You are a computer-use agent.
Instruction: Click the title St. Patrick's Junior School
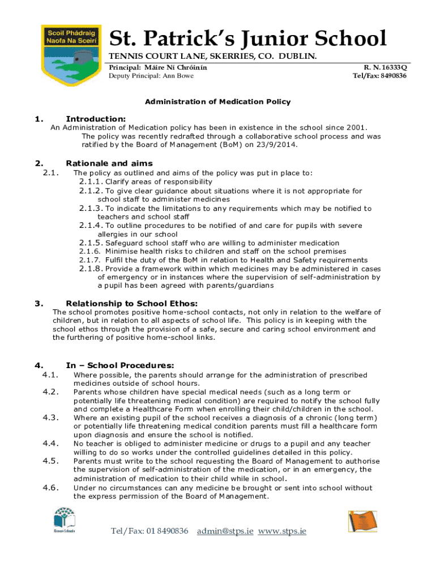tap(247, 38)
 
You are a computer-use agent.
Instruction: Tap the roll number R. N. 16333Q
tap(382, 67)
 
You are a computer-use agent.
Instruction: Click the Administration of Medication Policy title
tap(218, 102)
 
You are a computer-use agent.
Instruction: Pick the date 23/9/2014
tap(278, 145)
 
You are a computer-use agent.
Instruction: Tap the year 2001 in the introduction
tap(357, 128)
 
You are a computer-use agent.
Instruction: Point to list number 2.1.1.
tap(91, 182)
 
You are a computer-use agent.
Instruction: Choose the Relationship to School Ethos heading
tap(132, 303)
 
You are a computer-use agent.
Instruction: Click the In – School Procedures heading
tap(120, 365)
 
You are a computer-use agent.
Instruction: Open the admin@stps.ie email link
tap(225, 532)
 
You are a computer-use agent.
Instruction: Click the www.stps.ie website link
tap(282, 532)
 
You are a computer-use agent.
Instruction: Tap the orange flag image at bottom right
tap(362, 521)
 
